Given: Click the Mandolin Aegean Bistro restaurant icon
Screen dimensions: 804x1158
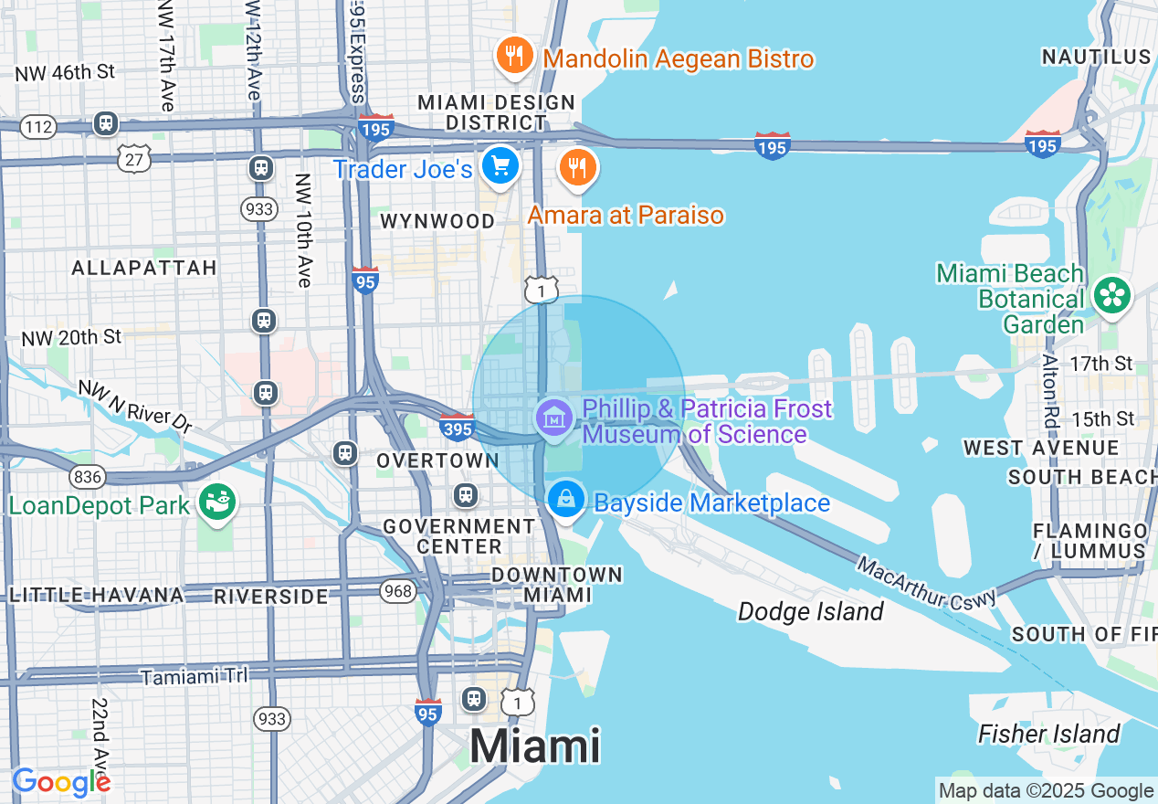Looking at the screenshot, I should (x=514, y=57).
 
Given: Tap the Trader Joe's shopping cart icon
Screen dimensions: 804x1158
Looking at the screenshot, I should (x=500, y=166).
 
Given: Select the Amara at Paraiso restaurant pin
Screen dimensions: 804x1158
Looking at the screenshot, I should (x=577, y=168).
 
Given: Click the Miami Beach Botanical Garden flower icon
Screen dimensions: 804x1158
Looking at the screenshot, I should (x=1113, y=294).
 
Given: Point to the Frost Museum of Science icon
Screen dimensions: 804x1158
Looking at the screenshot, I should (x=553, y=418).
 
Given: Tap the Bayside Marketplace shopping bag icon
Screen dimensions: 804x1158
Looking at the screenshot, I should (x=566, y=499).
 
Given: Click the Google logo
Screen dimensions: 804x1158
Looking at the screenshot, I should (x=61, y=782).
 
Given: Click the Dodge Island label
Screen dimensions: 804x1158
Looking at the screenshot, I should (x=810, y=611).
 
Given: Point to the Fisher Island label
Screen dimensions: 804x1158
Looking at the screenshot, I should (x=1048, y=734).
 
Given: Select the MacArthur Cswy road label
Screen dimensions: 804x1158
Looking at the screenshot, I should (x=926, y=580).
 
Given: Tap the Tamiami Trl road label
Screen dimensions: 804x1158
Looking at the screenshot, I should (x=195, y=676).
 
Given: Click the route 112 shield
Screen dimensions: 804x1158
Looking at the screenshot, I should (x=38, y=127).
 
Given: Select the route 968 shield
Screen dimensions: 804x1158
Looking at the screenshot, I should (x=398, y=591).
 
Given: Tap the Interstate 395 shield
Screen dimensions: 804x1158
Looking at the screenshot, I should (x=457, y=427).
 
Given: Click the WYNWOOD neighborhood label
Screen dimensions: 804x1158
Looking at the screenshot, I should (x=437, y=221).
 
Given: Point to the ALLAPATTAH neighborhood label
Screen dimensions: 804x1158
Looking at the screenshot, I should (x=144, y=268).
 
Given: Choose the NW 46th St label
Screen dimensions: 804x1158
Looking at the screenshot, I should (x=66, y=71).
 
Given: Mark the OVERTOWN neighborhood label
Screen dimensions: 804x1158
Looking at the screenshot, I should (x=437, y=461).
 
